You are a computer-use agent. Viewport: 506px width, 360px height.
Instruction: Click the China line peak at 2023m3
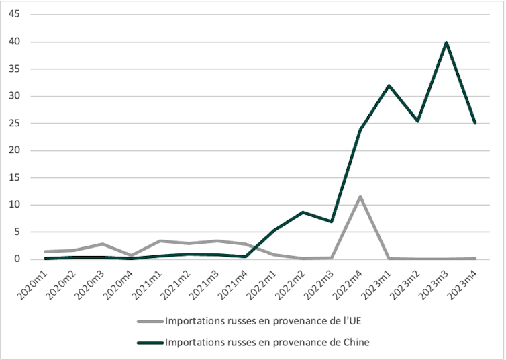446,42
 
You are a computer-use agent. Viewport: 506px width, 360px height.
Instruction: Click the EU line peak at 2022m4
360,197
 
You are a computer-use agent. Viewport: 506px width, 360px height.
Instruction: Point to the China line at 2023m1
389,85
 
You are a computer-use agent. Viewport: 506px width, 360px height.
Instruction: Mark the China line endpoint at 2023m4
475,123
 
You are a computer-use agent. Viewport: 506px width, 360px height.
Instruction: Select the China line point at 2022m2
303,212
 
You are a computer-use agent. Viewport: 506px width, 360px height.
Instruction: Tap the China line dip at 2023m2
418,121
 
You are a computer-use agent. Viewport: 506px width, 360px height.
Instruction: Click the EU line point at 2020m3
103,244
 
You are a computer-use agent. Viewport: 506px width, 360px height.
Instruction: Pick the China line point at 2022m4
360,129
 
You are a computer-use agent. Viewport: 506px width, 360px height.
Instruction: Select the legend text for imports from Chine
267,343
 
